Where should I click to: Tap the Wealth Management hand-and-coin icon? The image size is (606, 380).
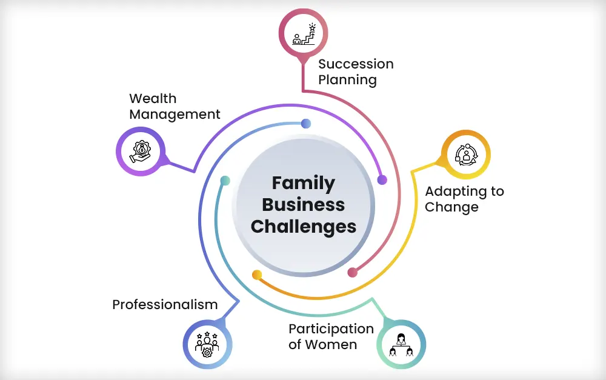(141, 151)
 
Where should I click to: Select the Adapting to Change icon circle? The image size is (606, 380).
(465, 154)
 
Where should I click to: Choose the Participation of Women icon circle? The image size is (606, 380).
(401, 344)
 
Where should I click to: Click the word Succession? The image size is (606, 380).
(356, 64)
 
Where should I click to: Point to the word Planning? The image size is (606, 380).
(347, 79)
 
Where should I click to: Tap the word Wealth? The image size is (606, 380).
(153, 98)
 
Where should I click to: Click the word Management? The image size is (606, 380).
(175, 114)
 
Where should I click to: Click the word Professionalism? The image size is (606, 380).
(165, 304)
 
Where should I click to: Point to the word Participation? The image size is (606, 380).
(331, 328)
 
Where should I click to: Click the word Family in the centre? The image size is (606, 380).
(303, 182)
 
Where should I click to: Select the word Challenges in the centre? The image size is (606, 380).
(303, 226)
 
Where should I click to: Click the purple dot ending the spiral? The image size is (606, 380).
(382, 179)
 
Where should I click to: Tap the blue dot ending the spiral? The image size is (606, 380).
(306, 124)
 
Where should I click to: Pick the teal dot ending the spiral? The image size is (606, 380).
(225, 181)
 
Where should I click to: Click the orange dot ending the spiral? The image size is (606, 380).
(257, 275)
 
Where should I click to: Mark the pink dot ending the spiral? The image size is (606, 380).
(352, 272)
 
